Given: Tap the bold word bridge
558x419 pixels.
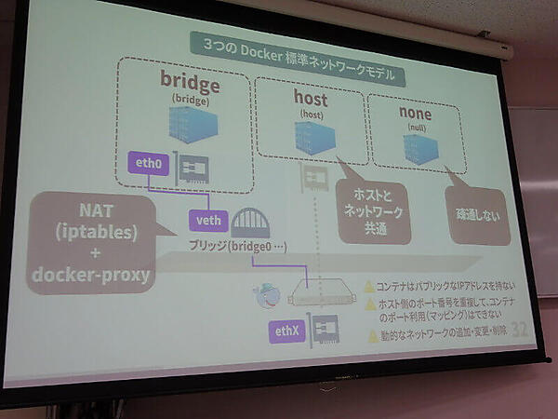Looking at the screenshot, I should coord(189,84).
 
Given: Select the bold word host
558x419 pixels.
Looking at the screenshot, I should coord(310,96).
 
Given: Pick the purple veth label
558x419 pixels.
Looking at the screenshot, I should coord(206,220).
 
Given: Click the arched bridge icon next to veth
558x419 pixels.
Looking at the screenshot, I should coord(250,223).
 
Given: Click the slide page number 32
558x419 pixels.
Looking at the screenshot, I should coord(519,331).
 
